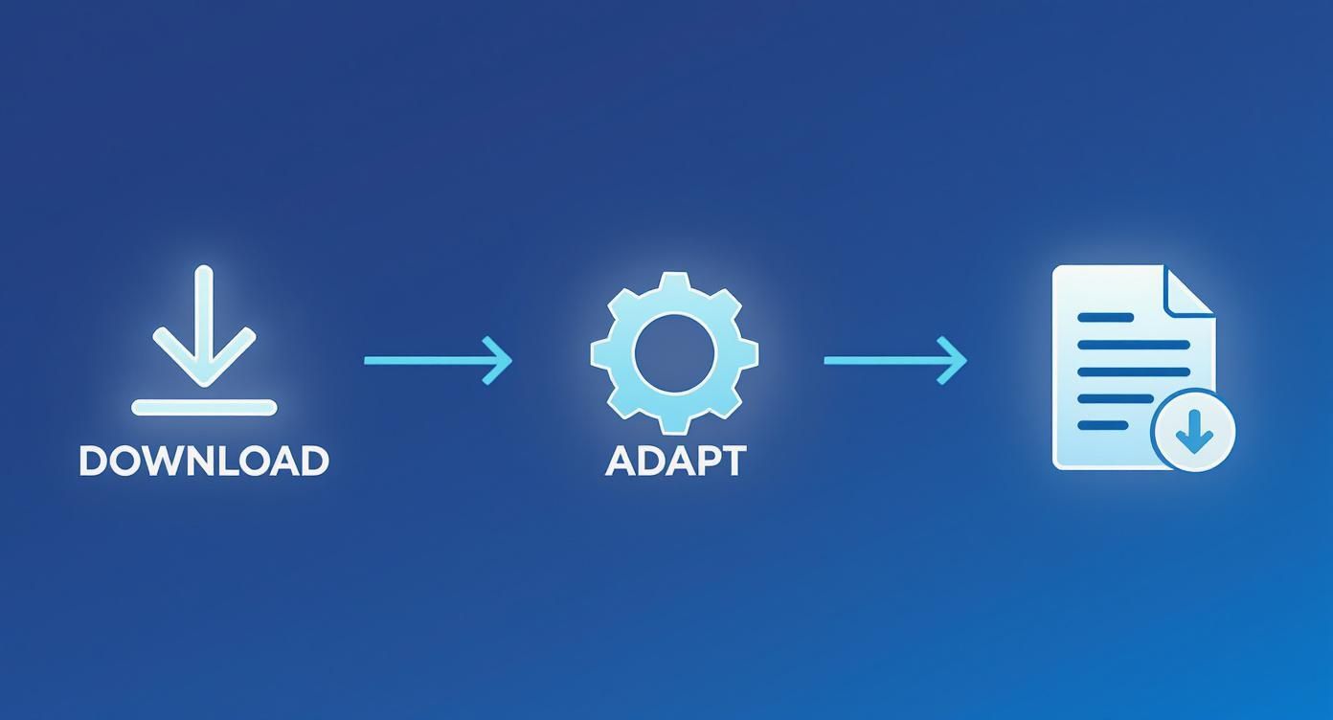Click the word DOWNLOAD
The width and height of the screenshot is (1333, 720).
[203, 461]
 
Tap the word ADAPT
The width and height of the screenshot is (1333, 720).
[675, 461]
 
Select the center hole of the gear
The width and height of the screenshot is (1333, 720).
[674, 353]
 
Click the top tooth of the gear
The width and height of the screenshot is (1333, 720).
[674, 284]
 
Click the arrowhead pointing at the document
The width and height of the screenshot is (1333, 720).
[955, 360]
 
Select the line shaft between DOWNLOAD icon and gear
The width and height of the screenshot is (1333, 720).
[431, 360]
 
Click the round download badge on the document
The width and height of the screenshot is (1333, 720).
[1193, 430]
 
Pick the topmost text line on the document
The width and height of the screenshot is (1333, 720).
[1106, 317]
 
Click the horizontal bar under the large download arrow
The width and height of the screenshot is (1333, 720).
[204, 408]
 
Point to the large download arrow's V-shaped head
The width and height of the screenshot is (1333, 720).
[204, 360]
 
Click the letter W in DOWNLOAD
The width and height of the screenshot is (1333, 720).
[165, 461]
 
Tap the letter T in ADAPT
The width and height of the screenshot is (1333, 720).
[733, 461]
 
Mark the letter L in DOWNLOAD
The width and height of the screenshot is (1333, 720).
[234, 461]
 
